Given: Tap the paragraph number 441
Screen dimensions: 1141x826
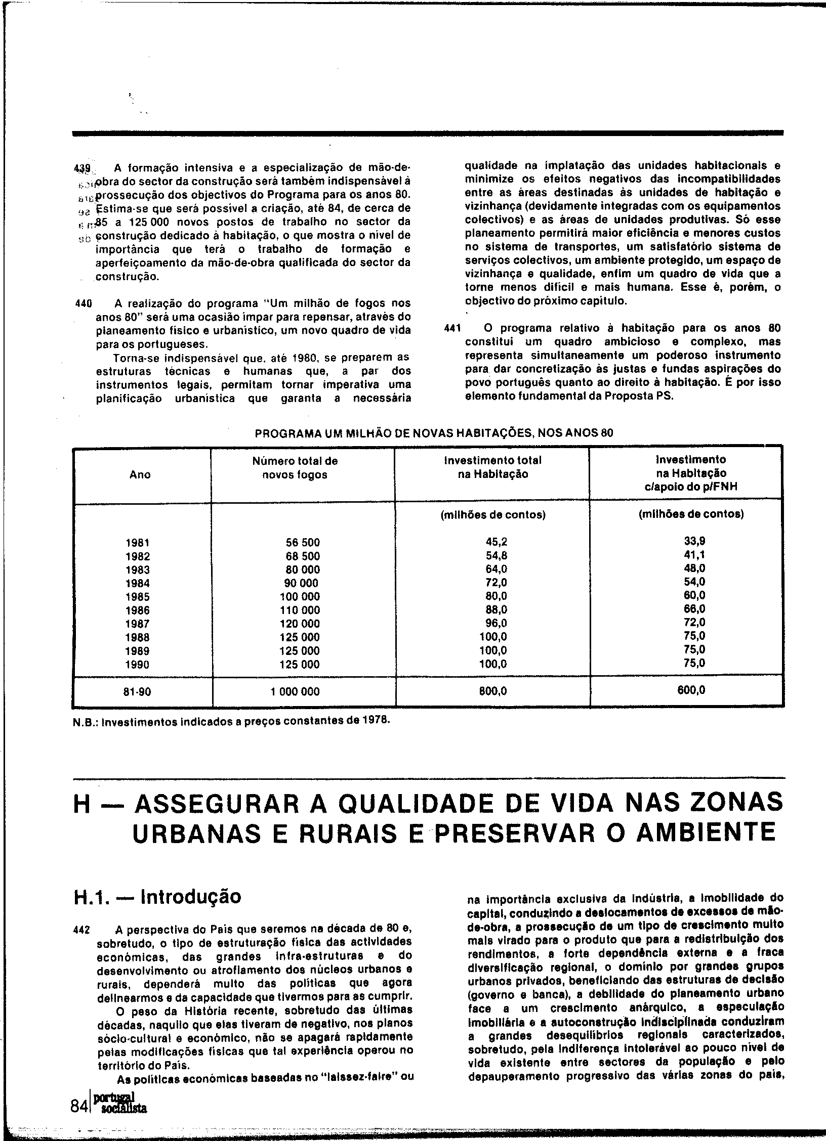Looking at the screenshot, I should pos(451,328).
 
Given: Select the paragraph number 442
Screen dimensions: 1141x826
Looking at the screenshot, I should pos(82,930).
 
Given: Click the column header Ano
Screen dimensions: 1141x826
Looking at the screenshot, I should pos(140,474).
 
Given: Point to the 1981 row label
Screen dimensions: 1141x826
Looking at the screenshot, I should pos(138,543).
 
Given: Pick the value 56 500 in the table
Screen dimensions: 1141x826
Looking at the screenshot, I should pos(303,543).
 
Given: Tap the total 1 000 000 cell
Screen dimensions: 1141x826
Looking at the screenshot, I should pos(295,691).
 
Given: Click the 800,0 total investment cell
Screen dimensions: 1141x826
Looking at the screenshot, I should pos(493,691).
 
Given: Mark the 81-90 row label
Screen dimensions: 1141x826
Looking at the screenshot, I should pos(137,691).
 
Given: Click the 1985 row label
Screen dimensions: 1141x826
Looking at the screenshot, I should pos(138,597).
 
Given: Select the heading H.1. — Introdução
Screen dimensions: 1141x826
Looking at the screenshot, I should pos(157,896).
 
